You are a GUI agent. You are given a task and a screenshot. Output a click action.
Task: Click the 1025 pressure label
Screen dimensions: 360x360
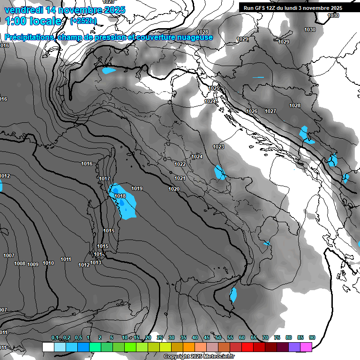(x=214, y=88)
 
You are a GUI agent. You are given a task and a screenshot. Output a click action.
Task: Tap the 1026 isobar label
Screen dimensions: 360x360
(x=252, y=111)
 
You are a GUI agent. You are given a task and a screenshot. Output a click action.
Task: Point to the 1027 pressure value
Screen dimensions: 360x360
(x=270, y=111)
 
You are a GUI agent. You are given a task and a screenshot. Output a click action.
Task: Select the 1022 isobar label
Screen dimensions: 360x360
(x=180, y=164)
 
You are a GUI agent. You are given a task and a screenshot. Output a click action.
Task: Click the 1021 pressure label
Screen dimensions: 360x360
(x=180, y=178)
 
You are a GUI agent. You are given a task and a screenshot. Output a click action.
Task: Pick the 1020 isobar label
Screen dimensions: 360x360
(x=173, y=189)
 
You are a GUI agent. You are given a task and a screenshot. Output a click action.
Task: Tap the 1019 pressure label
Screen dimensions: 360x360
(x=137, y=188)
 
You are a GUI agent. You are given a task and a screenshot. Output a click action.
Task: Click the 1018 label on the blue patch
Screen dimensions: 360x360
(x=120, y=196)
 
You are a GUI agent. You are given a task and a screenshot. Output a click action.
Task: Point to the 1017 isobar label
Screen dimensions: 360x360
(x=105, y=179)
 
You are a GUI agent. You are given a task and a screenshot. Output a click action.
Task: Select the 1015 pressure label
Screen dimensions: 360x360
(x=103, y=246)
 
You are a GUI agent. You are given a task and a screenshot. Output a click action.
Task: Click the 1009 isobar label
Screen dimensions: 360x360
(x=33, y=264)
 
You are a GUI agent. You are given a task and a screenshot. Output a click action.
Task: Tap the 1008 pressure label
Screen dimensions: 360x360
(x=20, y=263)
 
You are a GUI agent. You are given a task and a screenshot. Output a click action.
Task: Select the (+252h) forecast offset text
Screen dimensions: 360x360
(x=83, y=21)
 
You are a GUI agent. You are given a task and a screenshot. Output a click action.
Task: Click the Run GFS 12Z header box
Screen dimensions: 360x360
(x=293, y=8)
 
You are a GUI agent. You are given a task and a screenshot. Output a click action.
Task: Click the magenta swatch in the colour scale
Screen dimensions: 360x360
(x=306, y=347)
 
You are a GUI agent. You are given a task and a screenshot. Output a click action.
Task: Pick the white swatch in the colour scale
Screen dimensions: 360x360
(x=48, y=347)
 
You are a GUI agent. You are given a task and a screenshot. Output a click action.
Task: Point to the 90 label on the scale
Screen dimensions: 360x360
(x=312, y=337)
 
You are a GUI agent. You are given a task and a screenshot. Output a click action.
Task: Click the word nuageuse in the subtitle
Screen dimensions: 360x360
(x=192, y=37)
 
